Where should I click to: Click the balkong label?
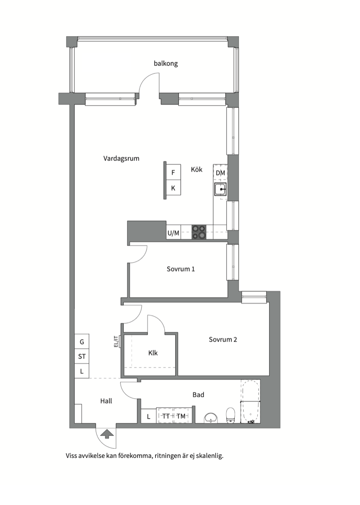point(166,64)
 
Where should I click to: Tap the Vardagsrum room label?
point(121,158)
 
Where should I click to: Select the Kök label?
point(196,170)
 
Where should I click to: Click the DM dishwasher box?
point(220,173)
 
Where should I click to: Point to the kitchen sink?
point(221,189)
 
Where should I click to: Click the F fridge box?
point(173,173)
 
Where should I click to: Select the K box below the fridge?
point(173,188)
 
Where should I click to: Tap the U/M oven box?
point(173,233)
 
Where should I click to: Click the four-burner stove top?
point(198,232)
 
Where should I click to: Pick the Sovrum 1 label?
point(181,269)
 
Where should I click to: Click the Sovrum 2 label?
point(223,339)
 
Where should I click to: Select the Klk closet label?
point(153,353)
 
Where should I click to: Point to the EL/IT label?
point(117,341)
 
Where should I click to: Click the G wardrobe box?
point(82,342)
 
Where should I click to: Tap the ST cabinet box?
point(82,356)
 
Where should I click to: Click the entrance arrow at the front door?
point(106,434)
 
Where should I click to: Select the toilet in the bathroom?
point(230,415)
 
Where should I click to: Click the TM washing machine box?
point(181,417)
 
